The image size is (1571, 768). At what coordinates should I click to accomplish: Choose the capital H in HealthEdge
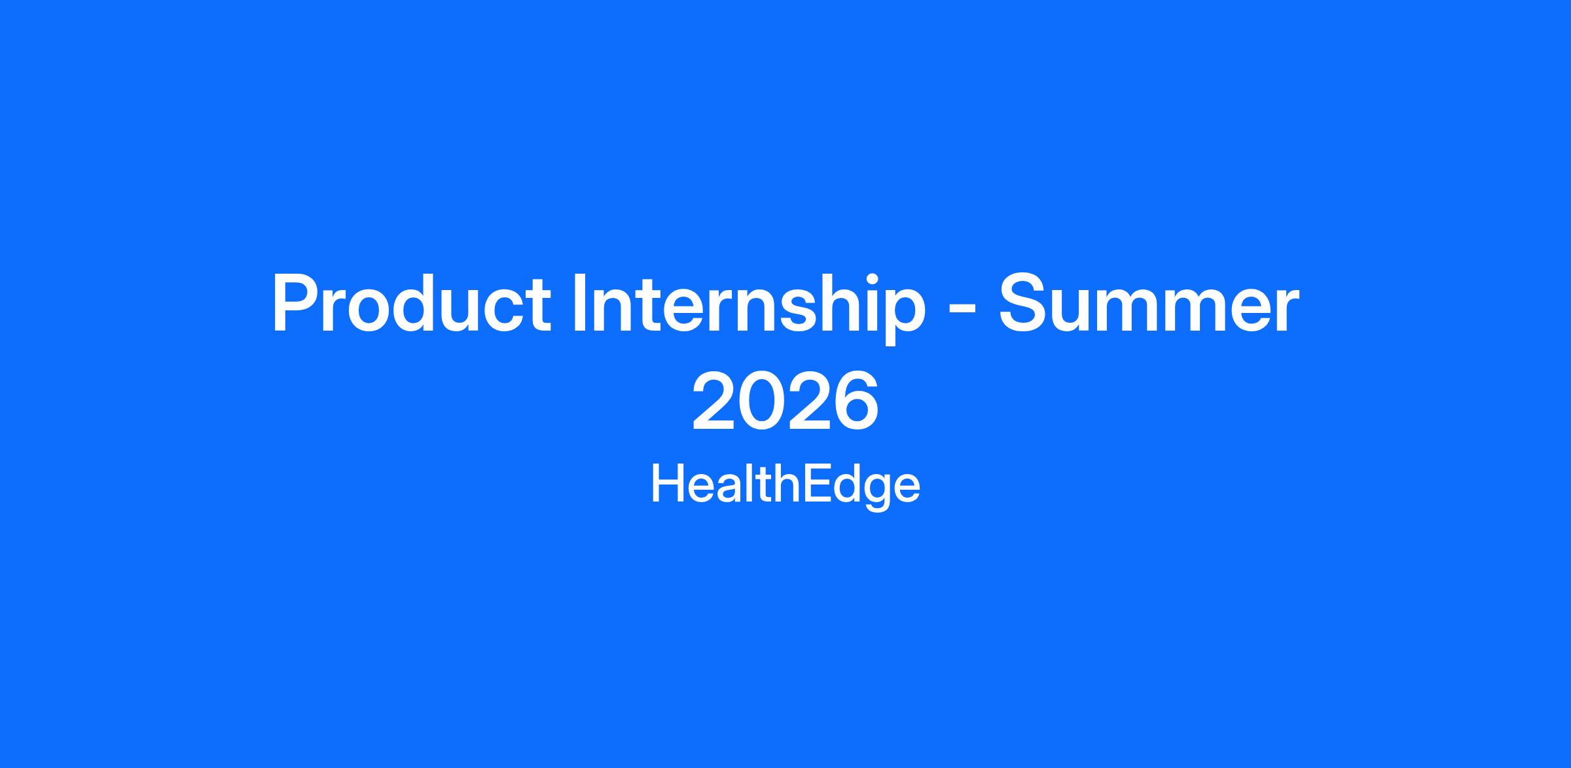click(668, 484)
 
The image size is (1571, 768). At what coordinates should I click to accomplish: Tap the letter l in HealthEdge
click(753, 483)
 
